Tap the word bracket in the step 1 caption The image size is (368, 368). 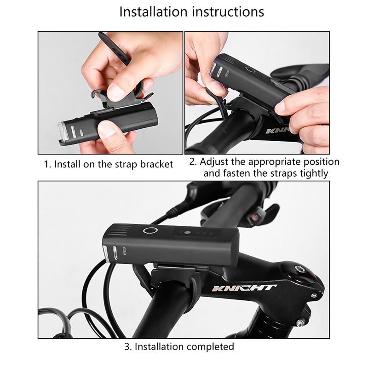point(156,164)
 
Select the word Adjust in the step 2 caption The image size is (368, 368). point(214,162)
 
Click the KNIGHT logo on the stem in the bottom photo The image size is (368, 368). point(244,288)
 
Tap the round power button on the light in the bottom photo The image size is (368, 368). point(150,230)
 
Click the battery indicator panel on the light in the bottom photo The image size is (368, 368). point(197,233)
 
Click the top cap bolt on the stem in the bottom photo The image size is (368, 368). point(300,269)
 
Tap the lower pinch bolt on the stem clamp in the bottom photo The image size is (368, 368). point(300,323)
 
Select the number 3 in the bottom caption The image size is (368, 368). point(128,347)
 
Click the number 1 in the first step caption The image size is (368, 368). point(47,164)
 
